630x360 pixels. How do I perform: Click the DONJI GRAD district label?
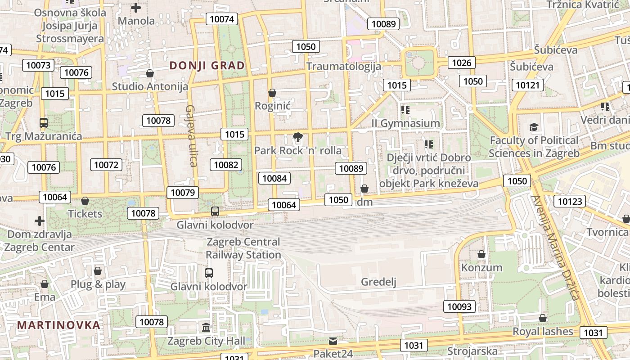[207, 66]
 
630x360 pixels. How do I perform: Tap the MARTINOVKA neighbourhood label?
[58, 325]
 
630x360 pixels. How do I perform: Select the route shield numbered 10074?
[222, 19]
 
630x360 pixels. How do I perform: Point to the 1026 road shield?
[461, 63]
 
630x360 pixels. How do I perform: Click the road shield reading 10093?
[459, 306]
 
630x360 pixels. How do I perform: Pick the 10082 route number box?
[226, 165]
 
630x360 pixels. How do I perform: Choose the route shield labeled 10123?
[570, 201]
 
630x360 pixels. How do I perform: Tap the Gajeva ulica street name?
[192, 135]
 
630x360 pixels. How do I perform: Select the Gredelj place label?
[379, 282]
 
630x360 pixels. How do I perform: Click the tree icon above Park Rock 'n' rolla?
[297, 137]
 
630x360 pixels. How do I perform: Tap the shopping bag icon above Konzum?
[481, 254]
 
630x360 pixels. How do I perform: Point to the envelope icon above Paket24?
[333, 341]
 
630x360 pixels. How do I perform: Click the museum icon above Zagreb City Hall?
[207, 327]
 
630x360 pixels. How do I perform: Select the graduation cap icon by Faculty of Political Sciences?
[534, 127]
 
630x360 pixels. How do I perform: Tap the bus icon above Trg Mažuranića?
[44, 122]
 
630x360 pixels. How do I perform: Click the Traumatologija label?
[344, 66]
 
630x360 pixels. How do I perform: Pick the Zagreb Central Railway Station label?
[243, 248]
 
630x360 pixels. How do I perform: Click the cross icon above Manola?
[136, 7]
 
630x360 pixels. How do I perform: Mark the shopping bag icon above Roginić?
[272, 93]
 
